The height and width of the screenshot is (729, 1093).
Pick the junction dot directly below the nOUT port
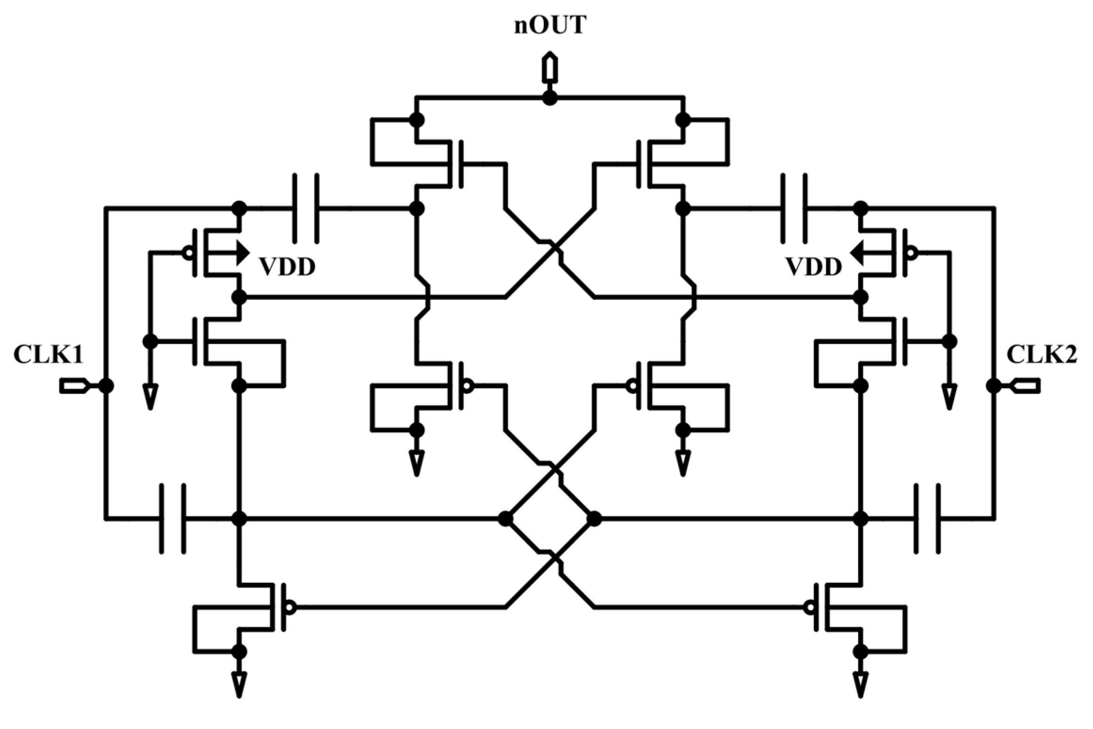tap(550, 98)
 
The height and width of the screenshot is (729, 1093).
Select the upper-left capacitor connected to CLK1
tap(306, 208)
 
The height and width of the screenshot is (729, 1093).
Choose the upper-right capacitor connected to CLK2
tap(794, 208)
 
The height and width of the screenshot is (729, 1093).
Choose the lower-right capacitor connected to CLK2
tap(927, 519)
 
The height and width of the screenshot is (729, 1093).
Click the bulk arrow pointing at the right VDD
tap(857, 253)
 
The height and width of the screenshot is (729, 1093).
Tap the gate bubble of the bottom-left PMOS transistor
tap(291, 608)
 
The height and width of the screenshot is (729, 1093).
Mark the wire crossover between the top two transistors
tap(550, 248)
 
